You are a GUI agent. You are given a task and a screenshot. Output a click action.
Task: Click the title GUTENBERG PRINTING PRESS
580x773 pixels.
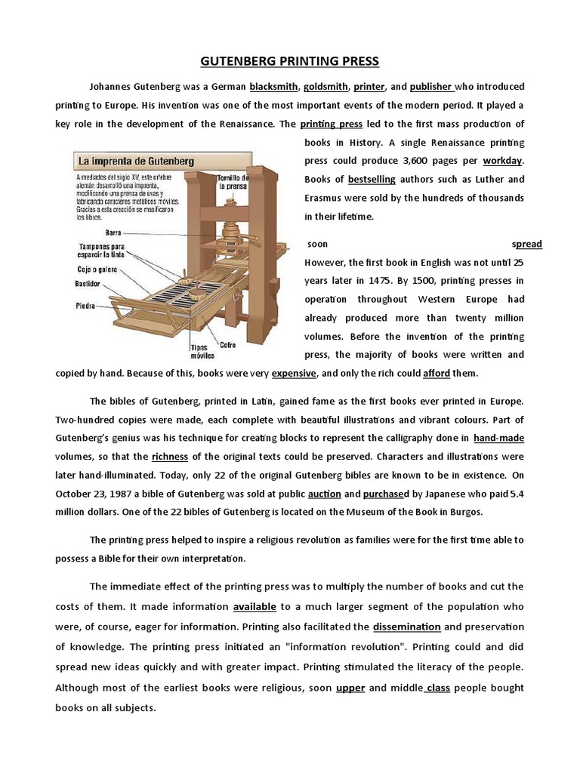[x=290, y=60]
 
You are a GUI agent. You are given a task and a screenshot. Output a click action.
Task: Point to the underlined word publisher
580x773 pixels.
[x=430, y=86]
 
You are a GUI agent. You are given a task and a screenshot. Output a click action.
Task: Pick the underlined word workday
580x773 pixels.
[x=502, y=161]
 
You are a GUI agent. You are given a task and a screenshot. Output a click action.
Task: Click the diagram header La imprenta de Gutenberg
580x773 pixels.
[x=134, y=161]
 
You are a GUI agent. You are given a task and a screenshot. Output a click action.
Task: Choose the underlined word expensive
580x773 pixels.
[x=295, y=373]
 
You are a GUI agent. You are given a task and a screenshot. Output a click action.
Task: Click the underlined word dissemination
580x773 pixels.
[x=407, y=626]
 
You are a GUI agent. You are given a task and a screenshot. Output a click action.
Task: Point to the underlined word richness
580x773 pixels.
[x=169, y=456]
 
